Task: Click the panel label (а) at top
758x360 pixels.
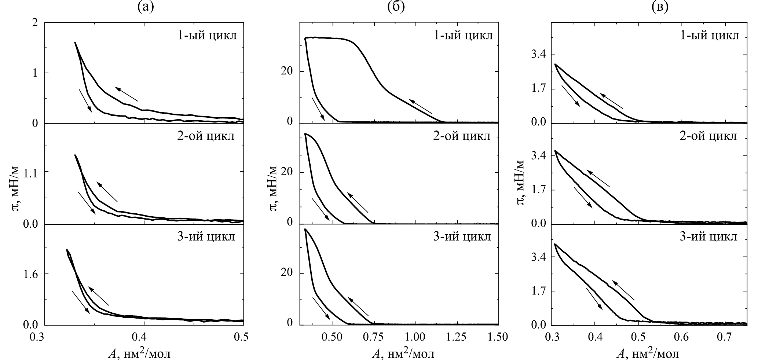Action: coord(144,7)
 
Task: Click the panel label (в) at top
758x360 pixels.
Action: coord(650,7)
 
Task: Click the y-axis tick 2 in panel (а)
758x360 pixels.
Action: coord(35,23)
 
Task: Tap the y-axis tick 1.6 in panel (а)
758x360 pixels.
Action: coord(30,273)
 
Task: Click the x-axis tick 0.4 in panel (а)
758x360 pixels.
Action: coord(144,337)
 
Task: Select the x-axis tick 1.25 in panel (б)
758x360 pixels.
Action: coord(457,337)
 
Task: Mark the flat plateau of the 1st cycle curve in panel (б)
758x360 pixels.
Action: coord(326,38)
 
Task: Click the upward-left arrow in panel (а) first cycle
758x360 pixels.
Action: coord(127,94)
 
